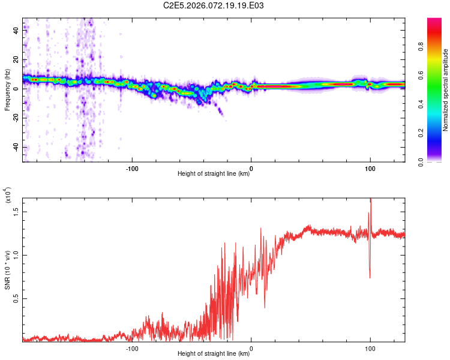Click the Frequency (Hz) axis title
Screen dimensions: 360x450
(7, 89)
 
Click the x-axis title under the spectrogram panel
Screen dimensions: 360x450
(214, 174)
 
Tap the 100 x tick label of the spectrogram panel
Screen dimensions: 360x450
(370, 167)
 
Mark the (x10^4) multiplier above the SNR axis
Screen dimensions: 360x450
(8, 195)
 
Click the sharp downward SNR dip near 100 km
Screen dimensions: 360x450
(370, 276)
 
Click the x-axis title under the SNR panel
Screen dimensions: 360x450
(214, 354)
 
